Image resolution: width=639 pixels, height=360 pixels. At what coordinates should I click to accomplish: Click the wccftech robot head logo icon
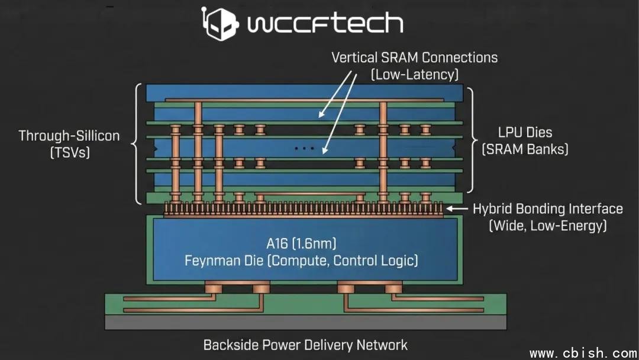click(x=218, y=23)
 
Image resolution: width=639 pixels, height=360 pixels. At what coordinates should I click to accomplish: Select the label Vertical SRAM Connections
click(x=414, y=57)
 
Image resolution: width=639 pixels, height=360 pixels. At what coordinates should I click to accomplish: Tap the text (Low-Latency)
click(x=414, y=75)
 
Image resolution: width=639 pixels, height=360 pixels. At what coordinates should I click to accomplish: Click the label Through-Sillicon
click(x=69, y=136)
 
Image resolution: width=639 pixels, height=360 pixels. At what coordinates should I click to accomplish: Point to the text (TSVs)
click(x=69, y=152)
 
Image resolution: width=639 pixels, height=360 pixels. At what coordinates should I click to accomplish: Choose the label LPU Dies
click(x=525, y=133)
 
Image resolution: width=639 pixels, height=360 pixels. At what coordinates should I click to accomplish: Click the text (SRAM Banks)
click(x=525, y=149)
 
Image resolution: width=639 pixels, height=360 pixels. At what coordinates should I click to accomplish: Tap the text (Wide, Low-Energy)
click(x=547, y=226)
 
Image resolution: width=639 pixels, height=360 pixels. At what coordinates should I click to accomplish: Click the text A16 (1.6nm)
click(x=301, y=243)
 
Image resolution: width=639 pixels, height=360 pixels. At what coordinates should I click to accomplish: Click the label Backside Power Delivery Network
click(x=305, y=345)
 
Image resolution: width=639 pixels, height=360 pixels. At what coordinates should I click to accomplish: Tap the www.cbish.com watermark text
click(x=582, y=353)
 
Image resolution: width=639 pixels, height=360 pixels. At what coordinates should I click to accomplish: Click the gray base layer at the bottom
click(x=305, y=322)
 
